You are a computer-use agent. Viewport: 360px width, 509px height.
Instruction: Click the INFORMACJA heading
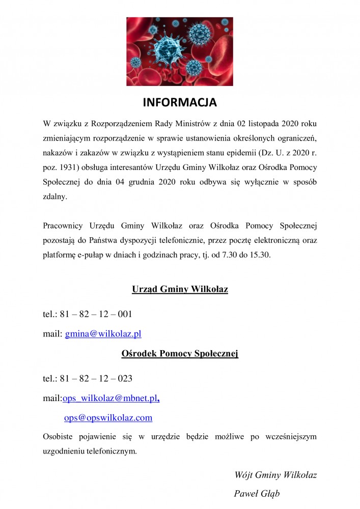pyautogui.click(x=180, y=103)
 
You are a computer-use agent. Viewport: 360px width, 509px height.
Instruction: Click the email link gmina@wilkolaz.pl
pyautogui.click(x=103, y=334)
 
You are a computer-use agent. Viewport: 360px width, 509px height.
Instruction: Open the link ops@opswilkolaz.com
pyautogui.click(x=108, y=418)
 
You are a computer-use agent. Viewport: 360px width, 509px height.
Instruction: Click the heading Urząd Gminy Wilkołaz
pyautogui.click(x=180, y=290)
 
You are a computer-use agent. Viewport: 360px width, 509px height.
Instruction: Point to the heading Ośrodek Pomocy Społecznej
pyautogui.click(x=180, y=353)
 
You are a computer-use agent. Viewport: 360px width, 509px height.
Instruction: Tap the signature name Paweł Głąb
pyautogui.click(x=257, y=493)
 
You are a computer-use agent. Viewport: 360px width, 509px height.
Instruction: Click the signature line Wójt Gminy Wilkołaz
pyautogui.click(x=275, y=475)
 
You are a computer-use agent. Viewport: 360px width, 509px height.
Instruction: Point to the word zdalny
pyautogui.click(x=55, y=196)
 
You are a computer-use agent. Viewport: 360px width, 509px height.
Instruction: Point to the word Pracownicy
pyautogui.click(x=63, y=224)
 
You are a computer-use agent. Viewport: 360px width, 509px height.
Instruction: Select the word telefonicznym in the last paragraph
pyautogui.click(x=112, y=451)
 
